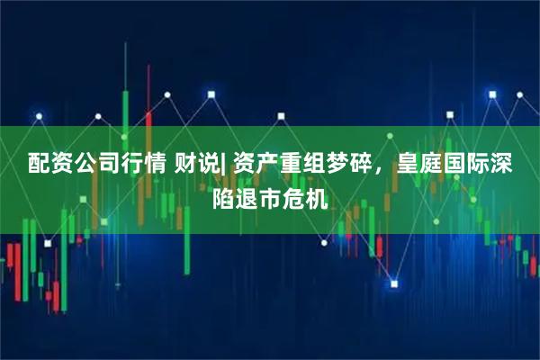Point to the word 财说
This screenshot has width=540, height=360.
click(196, 165)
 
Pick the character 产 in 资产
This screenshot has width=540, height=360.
click(266, 165)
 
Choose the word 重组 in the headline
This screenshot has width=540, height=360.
click(301, 165)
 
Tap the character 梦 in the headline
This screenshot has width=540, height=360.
click(335, 165)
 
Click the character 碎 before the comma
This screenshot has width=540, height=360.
click(357, 165)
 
